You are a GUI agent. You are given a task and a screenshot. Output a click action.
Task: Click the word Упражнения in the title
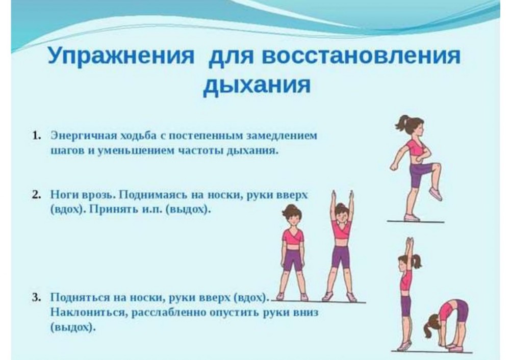pos(121,56)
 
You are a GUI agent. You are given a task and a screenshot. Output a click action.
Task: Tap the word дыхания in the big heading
pos(257,85)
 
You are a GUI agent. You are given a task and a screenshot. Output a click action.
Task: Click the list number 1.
pos(36,136)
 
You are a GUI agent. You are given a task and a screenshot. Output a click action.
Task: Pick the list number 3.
pos(36,297)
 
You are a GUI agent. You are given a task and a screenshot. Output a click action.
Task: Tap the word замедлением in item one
pos(282,136)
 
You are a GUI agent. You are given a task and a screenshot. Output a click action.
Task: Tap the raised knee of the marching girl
pos(436,167)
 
